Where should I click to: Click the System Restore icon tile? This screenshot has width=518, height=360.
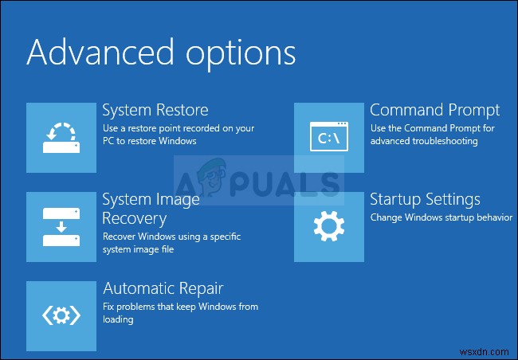pos(61,137)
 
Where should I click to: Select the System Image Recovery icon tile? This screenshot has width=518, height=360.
pos(61,226)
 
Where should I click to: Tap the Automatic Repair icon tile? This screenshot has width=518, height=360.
pos(61,315)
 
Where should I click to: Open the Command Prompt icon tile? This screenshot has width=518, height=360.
pos(329,137)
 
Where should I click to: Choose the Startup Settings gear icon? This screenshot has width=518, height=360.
pos(329,226)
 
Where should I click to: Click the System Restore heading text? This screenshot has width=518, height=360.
pos(155,110)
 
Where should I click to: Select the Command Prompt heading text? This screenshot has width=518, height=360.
pos(434,110)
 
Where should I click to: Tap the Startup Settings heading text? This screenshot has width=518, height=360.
pos(425,200)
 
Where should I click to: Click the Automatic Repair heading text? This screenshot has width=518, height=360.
pos(163,288)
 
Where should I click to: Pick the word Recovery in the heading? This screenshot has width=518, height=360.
pos(134,218)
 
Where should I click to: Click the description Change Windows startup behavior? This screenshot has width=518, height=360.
pos(441,217)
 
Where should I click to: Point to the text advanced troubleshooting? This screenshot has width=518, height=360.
pos(423,141)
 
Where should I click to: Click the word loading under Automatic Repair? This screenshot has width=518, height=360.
pos(118,319)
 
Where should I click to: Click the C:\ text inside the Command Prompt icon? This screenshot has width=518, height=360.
pos(330,139)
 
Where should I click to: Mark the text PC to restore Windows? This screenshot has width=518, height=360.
pos(149,141)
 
